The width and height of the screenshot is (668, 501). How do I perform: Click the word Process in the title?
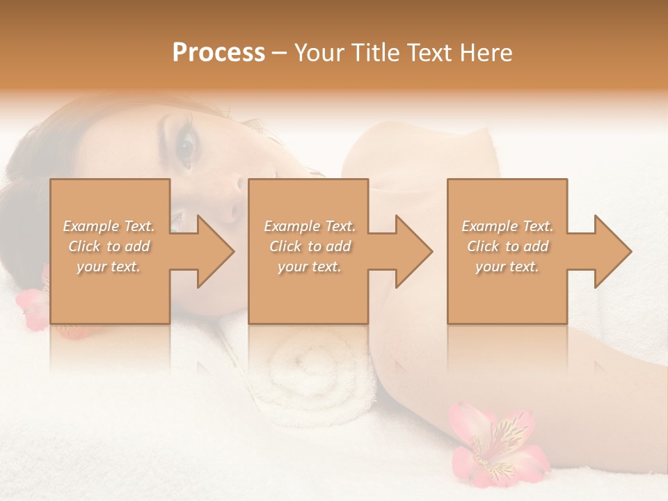tap(218, 53)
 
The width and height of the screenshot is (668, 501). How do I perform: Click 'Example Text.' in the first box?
tap(109, 226)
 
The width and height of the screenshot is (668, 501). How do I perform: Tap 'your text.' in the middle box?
tap(309, 267)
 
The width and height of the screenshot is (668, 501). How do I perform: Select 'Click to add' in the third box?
tap(507, 246)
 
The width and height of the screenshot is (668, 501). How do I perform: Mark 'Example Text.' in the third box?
tap(507, 226)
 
